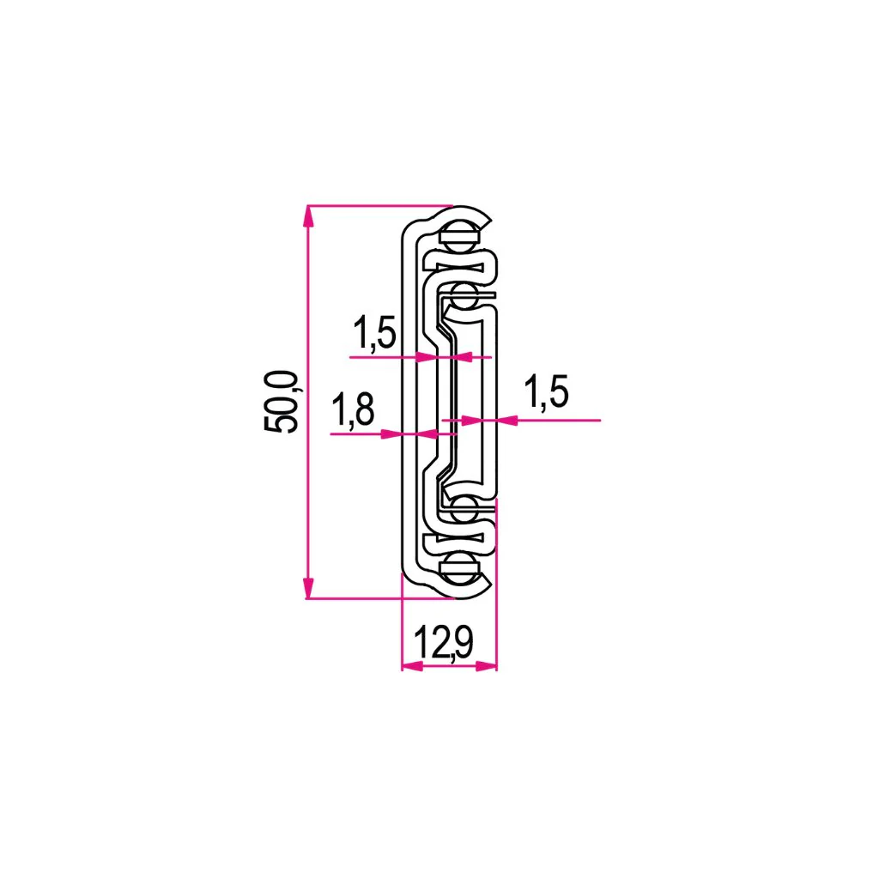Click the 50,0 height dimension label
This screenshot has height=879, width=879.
click(x=282, y=402)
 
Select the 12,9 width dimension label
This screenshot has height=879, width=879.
click(x=444, y=642)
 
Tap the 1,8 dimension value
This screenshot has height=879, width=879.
click(x=353, y=410)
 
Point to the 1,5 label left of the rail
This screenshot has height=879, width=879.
click(x=374, y=332)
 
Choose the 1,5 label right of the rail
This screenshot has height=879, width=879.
click(x=546, y=391)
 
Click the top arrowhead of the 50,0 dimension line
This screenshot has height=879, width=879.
click(x=307, y=216)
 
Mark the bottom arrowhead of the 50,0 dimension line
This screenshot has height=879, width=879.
click(x=307, y=588)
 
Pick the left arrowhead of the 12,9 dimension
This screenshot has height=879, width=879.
click(x=412, y=666)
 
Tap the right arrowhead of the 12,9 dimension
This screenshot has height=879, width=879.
click(x=487, y=666)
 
